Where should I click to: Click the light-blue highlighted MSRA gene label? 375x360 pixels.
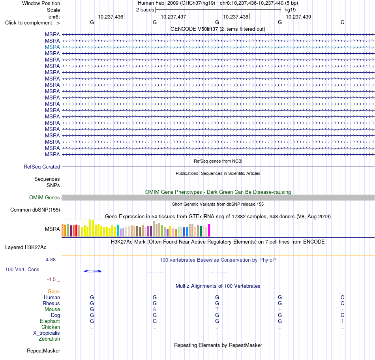[52, 47]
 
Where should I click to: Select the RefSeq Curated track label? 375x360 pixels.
[42, 167]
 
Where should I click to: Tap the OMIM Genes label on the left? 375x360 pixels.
[45, 198]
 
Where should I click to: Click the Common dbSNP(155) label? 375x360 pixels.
[35, 210]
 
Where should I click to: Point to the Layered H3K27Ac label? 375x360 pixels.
[26, 247]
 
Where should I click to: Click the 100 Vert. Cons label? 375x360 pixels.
[22, 269]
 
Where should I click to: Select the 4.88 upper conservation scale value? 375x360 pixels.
[51, 260]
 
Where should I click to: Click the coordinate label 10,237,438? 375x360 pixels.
[236, 17]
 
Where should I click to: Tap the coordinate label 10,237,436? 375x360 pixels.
[111, 17]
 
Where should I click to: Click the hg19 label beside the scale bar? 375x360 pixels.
[290, 10]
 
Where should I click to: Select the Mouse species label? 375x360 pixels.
[52, 309]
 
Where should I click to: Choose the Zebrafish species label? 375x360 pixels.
[49, 339]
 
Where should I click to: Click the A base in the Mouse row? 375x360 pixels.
[154, 309]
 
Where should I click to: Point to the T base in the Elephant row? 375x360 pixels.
[343, 321]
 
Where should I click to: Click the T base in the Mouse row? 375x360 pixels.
[217, 309]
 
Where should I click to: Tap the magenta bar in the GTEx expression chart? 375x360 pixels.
[209, 230]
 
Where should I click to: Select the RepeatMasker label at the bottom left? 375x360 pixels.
[43, 351]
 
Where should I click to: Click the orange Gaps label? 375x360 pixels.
[54, 292]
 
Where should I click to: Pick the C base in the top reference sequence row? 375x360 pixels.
[343, 22]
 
